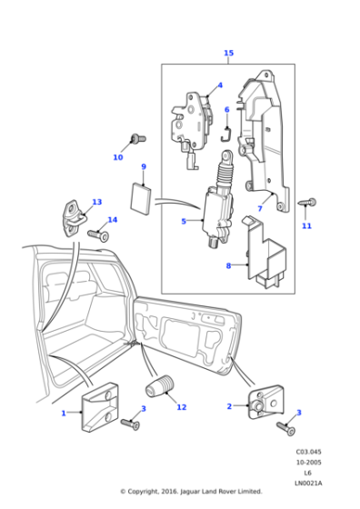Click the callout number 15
(228, 54)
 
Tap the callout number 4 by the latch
(218, 86)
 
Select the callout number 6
(226, 110)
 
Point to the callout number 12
(182, 407)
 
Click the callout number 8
(229, 265)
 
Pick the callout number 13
(96, 202)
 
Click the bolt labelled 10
(137, 139)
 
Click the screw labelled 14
(97, 235)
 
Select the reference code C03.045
(308, 451)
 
